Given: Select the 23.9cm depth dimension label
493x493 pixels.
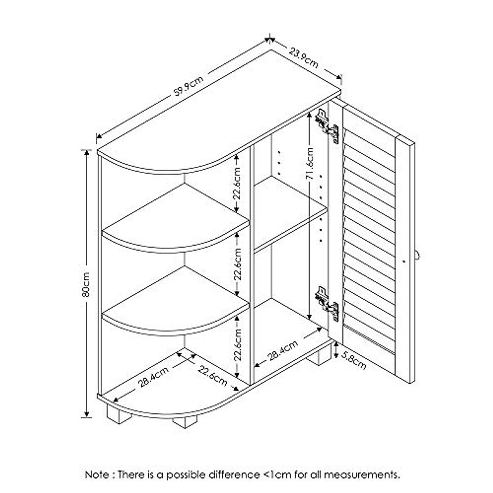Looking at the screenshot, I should [303, 58].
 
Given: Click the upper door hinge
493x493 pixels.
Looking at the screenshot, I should [327, 125].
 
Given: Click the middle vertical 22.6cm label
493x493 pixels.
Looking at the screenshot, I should [237, 264].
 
